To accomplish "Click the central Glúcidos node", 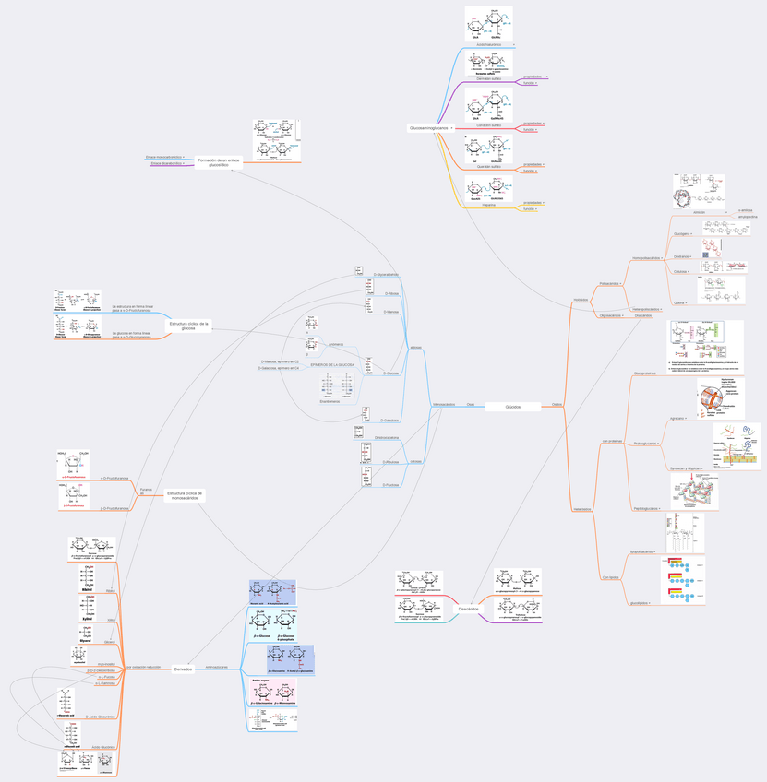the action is [513, 406].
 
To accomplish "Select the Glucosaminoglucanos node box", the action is [428, 127].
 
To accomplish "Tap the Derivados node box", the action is [183, 669].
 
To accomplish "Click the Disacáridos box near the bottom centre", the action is [468, 609].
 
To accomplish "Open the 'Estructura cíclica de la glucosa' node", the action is [188, 326].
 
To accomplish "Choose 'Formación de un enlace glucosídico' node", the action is [218, 162].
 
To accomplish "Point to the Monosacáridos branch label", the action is [443, 404].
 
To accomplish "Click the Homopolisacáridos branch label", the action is [645, 258].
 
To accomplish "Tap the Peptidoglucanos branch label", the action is [645, 508].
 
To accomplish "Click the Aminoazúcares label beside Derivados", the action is [216, 666].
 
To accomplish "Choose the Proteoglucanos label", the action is [647, 444].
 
